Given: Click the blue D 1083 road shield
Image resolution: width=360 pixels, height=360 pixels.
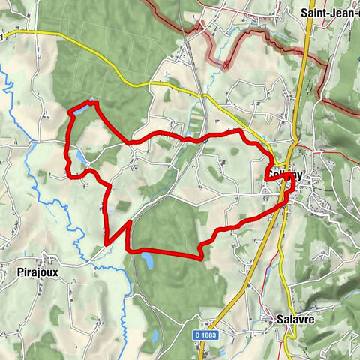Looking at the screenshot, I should click(x=206, y=334).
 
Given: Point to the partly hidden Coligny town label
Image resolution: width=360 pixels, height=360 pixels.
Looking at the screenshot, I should click(x=285, y=175).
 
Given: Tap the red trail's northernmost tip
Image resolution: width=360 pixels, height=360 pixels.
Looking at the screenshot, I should click(x=93, y=100).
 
